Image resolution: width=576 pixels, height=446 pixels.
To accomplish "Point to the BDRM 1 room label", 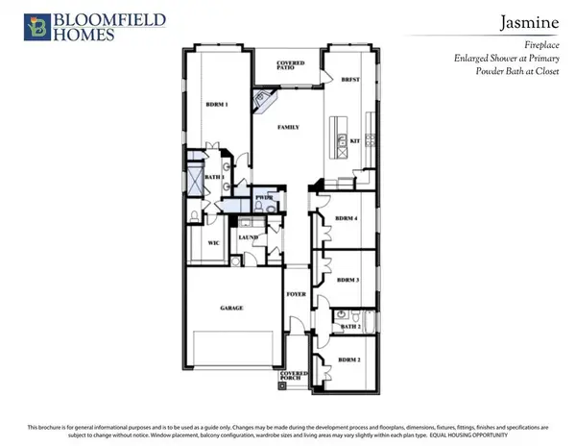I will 217,104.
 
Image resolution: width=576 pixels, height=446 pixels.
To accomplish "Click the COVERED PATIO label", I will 290,65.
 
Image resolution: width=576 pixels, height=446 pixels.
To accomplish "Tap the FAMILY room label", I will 288,127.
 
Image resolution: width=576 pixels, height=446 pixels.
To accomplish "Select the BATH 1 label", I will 216,178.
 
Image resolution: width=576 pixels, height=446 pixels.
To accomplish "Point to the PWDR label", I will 264,197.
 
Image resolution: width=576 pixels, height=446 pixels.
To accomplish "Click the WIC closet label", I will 214,243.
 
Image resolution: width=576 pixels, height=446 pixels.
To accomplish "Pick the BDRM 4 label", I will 348,219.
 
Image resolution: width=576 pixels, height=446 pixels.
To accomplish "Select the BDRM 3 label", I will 348,280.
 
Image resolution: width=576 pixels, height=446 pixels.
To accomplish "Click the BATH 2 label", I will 350,328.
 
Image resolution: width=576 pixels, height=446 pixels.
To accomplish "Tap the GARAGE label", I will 231,308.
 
